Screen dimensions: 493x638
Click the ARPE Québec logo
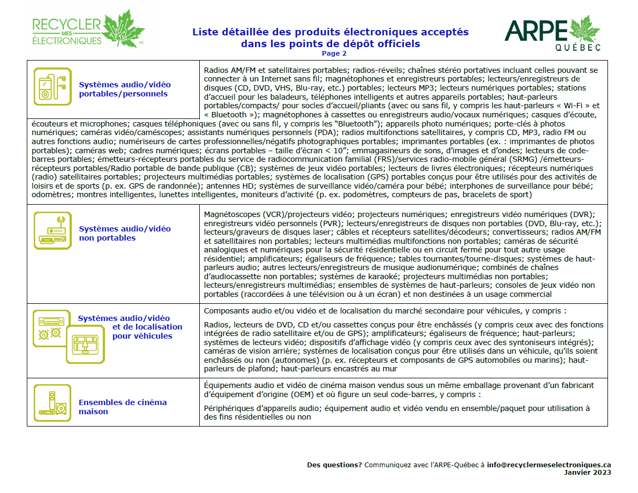552,33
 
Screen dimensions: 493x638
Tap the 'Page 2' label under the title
334,53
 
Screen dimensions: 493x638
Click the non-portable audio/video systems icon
52,230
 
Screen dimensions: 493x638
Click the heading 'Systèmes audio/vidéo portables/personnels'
125,89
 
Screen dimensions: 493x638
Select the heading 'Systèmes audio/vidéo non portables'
125,233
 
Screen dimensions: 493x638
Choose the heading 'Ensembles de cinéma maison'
123,407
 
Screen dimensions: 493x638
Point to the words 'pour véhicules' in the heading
142,336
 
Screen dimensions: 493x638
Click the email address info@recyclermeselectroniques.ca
549,465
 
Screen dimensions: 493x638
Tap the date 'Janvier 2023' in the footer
587,473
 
